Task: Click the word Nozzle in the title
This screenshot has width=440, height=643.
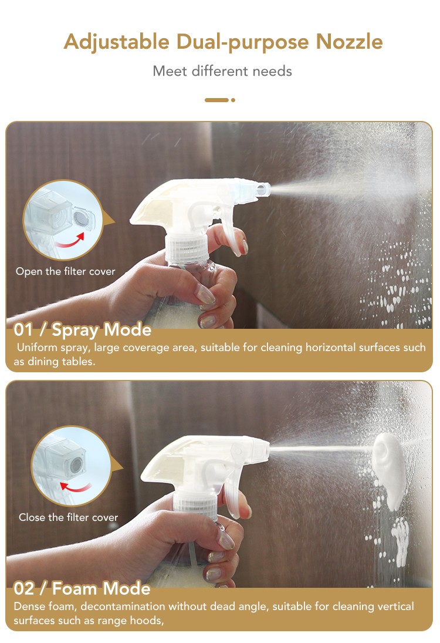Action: coord(350,42)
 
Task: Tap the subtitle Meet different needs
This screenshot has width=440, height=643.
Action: coord(222,71)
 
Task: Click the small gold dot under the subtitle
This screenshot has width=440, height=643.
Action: coord(233,100)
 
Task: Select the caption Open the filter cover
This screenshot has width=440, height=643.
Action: coord(66,271)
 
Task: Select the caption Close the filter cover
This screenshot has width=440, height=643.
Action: coord(69,517)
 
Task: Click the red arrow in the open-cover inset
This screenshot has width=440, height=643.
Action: coord(70,241)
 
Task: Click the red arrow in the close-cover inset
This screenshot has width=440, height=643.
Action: coord(75,487)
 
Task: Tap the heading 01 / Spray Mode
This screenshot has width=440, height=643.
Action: coord(82,329)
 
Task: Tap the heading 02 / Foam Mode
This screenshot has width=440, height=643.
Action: coord(82,588)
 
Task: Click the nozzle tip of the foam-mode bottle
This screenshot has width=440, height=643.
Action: coord(264,449)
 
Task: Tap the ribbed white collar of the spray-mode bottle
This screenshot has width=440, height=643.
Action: coord(187,248)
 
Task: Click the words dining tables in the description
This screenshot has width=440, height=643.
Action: coord(61,362)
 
